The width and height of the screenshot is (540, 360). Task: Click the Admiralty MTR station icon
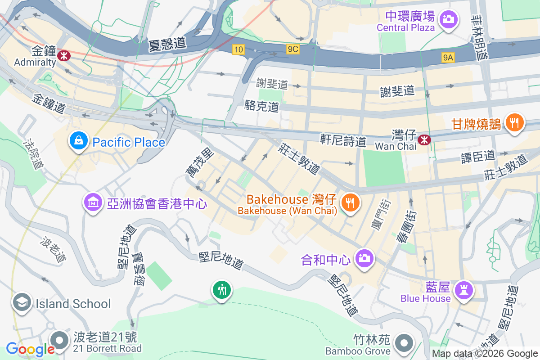point(63,56)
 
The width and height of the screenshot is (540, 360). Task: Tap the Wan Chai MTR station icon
point(424,140)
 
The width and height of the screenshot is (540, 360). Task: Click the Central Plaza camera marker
point(448,19)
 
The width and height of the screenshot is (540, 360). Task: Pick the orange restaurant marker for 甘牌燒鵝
point(514,122)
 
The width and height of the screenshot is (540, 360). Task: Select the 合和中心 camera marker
point(364,258)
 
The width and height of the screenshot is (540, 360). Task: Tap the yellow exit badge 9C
point(292,49)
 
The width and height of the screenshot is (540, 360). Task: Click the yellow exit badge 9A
point(448,57)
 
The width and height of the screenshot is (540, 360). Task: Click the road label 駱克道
point(261,106)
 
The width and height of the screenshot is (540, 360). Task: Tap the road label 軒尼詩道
point(343,140)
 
